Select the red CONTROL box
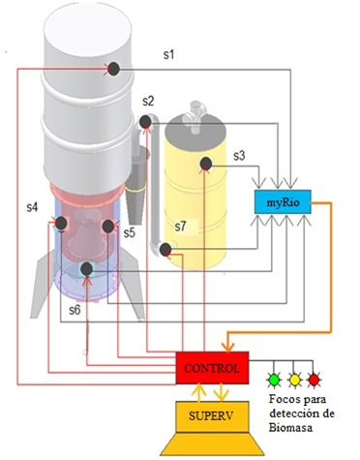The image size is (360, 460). (212, 367)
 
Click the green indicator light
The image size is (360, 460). (275, 379)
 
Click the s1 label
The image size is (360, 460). (168, 56)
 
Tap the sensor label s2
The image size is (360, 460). (148, 101)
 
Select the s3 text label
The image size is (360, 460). (240, 154)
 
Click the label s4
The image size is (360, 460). (33, 207)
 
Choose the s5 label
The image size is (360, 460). (129, 232)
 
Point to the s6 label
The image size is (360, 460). (75, 309)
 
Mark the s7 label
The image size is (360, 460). (180, 227)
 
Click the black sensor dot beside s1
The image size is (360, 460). (113, 68)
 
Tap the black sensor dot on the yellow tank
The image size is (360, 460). (205, 164)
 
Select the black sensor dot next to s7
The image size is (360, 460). (165, 251)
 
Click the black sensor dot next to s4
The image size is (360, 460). (60, 225)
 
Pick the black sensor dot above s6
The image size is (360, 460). (86, 268)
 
